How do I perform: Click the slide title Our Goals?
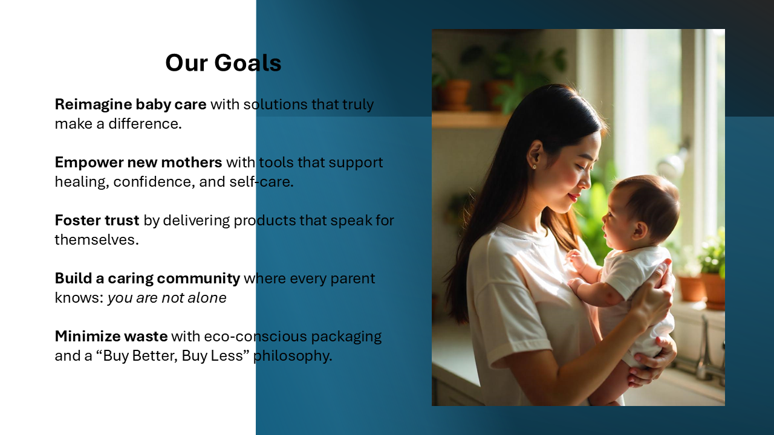click(x=223, y=63)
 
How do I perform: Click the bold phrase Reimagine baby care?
click(x=131, y=105)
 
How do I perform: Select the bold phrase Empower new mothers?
click(x=138, y=163)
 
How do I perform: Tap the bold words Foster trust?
click(x=97, y=221)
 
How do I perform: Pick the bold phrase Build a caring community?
click(x=148, y=279)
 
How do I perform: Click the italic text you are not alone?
click(x=167, y=298)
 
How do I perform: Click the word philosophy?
click(x=293, y=356)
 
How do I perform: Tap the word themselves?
click(x=97, y=240)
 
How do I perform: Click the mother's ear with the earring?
click(x=534, y=156)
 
